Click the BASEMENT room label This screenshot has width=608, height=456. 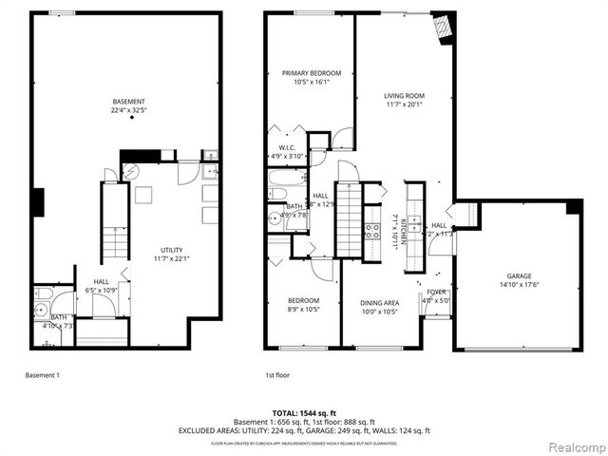128,102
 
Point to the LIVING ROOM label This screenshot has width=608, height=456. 404,96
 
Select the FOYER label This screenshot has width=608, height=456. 436,293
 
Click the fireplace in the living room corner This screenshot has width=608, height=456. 441,28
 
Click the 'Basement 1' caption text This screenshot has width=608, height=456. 42,375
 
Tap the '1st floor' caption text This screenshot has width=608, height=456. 277,375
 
